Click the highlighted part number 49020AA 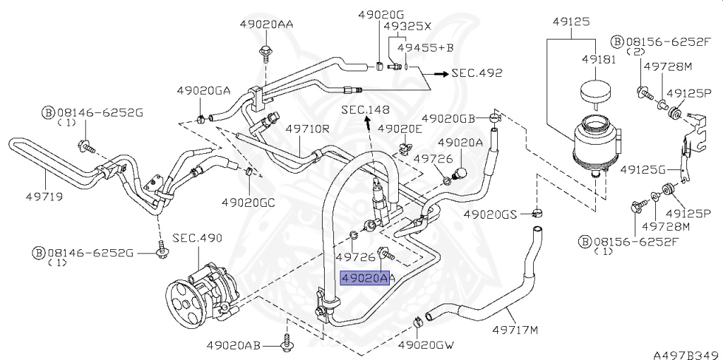(365, 278)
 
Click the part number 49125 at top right (570, 21)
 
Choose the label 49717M (515, 330)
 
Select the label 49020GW (425, 345)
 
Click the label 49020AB (234, 345)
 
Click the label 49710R (308, 129)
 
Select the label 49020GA (204, 90)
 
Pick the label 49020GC (248, 201)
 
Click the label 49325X (407, 25)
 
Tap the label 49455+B (424, 47)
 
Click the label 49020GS (491, 213)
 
